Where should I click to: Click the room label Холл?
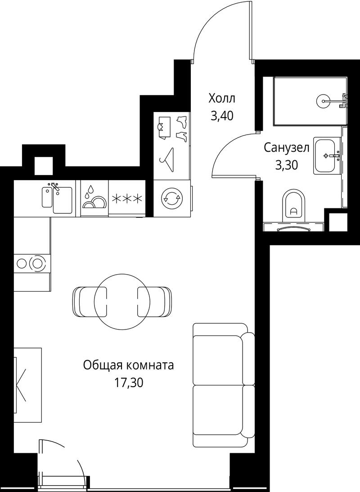(x=222, y=99)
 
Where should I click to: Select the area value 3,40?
(x=222, y=116)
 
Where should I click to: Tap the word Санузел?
(x=287, y=148)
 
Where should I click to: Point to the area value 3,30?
(x=286, y=165)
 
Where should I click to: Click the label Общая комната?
(x=128, y=365)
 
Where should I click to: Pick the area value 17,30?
(x=129, y=383)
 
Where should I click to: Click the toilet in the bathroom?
(x=293, y=205)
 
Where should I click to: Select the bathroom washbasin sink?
(x=328, y=156)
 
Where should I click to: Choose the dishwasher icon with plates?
(x=94, y=198)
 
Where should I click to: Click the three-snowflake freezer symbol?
(x=127, y=199)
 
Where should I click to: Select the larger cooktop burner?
(x=37, y=263)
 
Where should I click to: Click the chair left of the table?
(x=90, y=302)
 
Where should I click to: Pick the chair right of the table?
(x=155, y=302)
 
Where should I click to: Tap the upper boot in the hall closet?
(x=182, y=122)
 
